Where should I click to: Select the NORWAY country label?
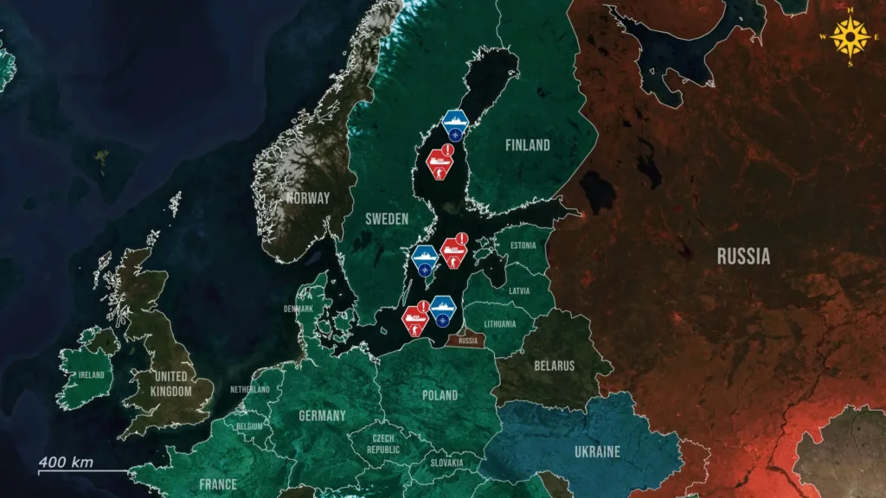point(308,198)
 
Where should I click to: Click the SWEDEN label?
point(386,220)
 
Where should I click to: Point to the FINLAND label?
point(527,146)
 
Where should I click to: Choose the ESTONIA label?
point(523,246)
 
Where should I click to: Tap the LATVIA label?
point(520,290)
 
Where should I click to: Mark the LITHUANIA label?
point(500,324)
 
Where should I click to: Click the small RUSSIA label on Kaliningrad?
point(468,341)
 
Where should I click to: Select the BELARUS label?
point(554,366)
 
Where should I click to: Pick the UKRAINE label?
point(597,452)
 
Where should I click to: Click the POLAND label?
point(440,395)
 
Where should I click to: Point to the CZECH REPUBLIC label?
point(382,444)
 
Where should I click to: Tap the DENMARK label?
point(299,309)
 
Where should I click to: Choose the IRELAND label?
point(91,375)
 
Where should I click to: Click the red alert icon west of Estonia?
point(454,251)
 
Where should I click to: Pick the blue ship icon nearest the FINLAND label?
point(454,124)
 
